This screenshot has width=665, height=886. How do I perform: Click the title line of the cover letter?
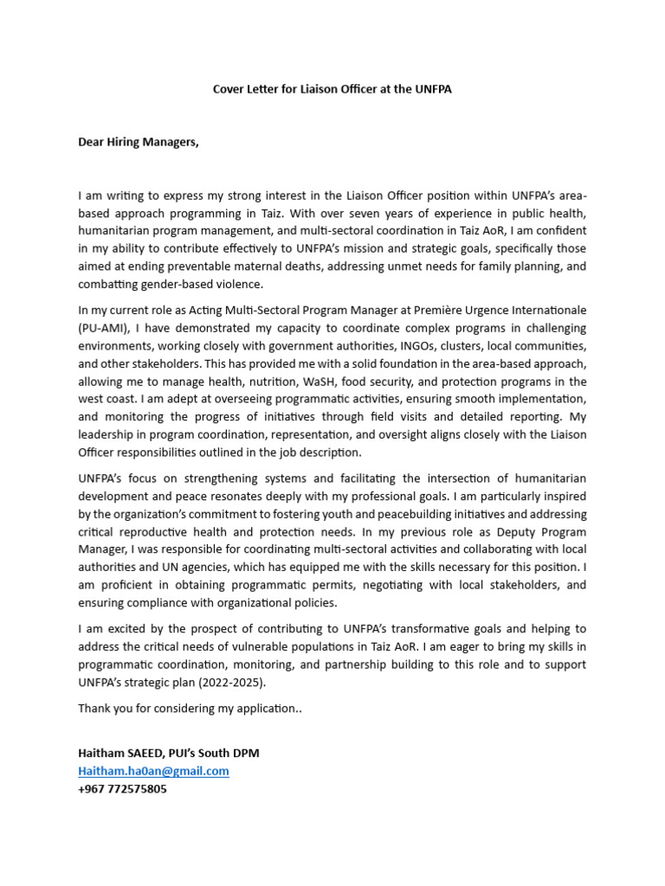(332, 89)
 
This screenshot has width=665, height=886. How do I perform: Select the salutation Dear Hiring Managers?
(139, 142)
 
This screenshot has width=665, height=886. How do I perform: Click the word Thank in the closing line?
(94, 709)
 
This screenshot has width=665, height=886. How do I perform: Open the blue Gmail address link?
(153, 771)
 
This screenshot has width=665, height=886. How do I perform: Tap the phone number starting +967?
(122, 789)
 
